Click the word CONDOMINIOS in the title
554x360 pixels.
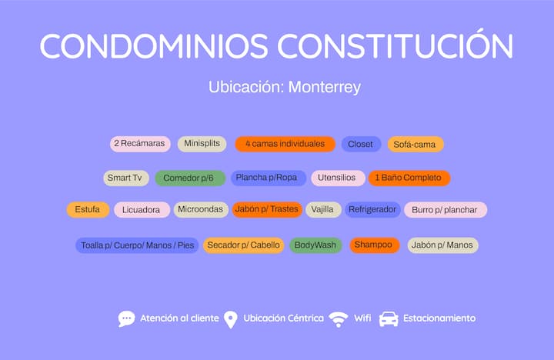pyautogui.click(x=154, y=46)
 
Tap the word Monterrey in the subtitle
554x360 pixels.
pyautogui.click(x=325, y=87)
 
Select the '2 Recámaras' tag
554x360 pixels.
pyautogui.click(x=140, y=144)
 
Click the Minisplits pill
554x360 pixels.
pyautogui.click(x=202, y=144)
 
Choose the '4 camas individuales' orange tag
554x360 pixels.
pyautogui.click(x=285, y=144)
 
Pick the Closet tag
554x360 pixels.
pyautogui.click(x=361, y=144)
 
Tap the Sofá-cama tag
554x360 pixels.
pyautogui.click(x=415, y=144)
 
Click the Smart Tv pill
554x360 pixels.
pyautogui.click(x=125, y=178)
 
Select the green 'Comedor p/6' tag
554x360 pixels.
pyautogui.click(x=190, y=178)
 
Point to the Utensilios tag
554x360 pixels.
pyautogui.click(x=338, y=178)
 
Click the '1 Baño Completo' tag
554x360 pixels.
pyautogui.click(x=409, y=178)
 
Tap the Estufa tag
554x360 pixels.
pyautogui.click(x=88, y=209)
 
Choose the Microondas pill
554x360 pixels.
pyautogui.click(x=201, y=209)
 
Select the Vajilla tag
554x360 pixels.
pyautogui.click(x=323, y=209)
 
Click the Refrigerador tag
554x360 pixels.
pyautogui.click(x=372, y=209)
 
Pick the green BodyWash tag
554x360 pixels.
pyautogui.click(x=316, y=245)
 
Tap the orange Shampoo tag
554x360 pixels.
pyautogui.click(x=375, y=245)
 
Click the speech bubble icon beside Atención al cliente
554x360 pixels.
pyautogui.click(x=126, y=318)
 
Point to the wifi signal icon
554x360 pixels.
pyautogui.click(x=338, y=319)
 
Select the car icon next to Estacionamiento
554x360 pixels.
pyautogui.click(x=389, y=319)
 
